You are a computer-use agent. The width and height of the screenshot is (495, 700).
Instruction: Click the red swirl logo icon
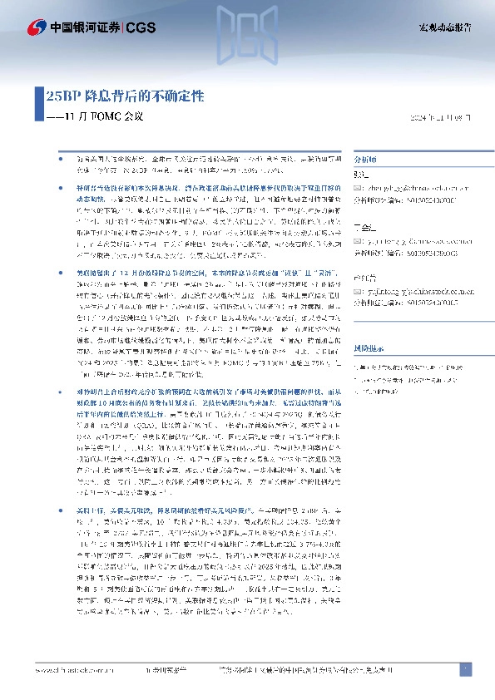coord(37,28)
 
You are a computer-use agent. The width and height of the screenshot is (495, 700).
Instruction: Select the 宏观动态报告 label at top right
coord(444,27)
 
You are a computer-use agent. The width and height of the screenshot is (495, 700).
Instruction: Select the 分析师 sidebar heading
coord(366,157)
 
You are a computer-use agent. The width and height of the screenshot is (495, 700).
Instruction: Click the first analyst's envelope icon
coord(359,189)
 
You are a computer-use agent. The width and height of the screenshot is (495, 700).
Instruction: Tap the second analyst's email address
coord(410,238)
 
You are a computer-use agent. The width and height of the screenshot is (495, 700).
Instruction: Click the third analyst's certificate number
coord(417,295)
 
